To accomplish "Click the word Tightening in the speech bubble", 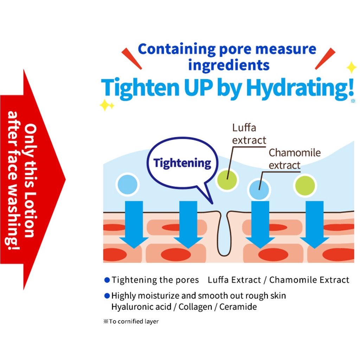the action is click(x=182, y=163).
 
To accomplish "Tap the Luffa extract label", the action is click(x=249, y=134).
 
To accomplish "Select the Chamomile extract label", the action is click(x=295, y=159).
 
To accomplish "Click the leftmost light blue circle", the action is click(x=127, y=184).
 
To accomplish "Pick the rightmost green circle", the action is click(x=305, y=186).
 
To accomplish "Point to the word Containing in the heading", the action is click(x=176, y=50).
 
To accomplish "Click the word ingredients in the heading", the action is click(x=229, y=65).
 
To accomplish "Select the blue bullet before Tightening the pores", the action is click(x=107, y=280).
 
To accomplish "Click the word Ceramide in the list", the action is click(x=238, y=307).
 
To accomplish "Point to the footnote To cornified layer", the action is click(x=131, y=321).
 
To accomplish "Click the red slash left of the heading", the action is click(x=131, y=58).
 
